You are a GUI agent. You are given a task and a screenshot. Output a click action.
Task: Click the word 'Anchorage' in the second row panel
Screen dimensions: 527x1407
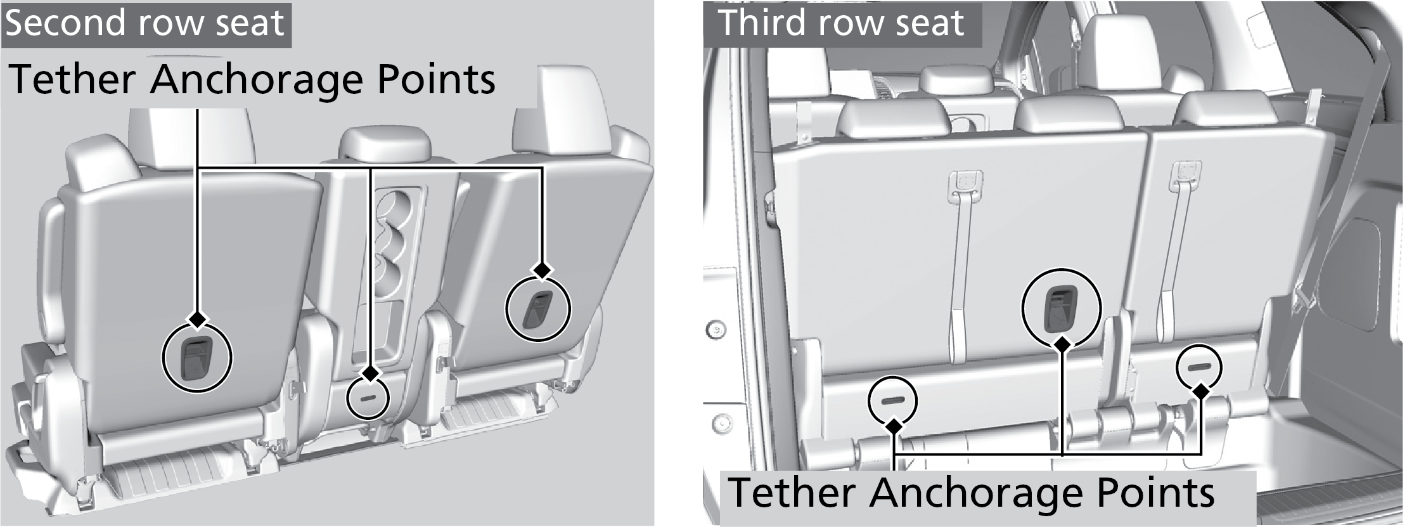pyautogui.click(x=259, y=80)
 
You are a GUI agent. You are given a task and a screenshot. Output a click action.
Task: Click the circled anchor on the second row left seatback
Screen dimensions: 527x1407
pyautogui.click(x=197, y=358)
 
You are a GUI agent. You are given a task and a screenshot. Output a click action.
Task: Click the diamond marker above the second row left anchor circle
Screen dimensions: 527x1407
pyautogui.click(x=197, y=319)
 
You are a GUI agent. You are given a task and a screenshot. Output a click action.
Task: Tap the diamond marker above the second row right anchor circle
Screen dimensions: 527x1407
pyautogui.click(x=541, y=270)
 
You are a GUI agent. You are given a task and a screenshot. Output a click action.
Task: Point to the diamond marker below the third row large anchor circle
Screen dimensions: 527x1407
pyautogui.click(x=1062, y=344)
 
